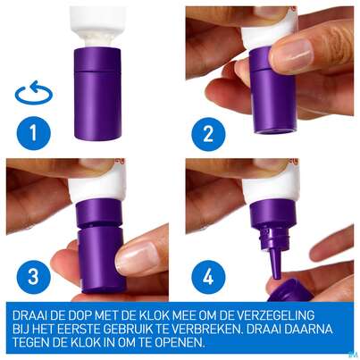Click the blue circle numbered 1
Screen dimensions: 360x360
[x=34, y=133]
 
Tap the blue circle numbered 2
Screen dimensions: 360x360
[x=208, y=134]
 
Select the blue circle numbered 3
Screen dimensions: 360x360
[x=33, y=277]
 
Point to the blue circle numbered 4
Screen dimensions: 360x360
[x=208, y=278]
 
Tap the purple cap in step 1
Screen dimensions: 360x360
[x=97, y=93]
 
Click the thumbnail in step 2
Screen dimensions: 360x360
[x=291, y=51]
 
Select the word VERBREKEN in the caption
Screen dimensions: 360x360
[x=207, y=329]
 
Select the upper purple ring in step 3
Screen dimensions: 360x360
[x=99, y=212]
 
